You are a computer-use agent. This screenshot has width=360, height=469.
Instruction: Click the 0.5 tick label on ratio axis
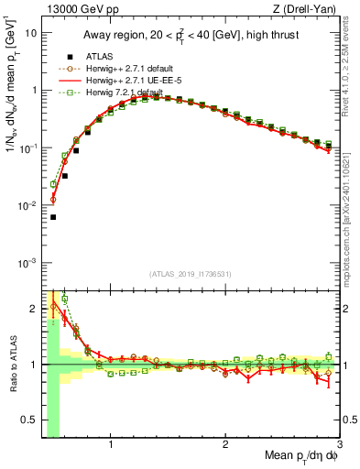(28, 421)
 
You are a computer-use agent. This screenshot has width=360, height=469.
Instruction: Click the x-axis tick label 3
(340, 447)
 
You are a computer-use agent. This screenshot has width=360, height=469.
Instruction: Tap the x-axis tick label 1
(111, 447)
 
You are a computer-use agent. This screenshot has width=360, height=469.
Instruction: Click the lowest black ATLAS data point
(53, 217)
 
